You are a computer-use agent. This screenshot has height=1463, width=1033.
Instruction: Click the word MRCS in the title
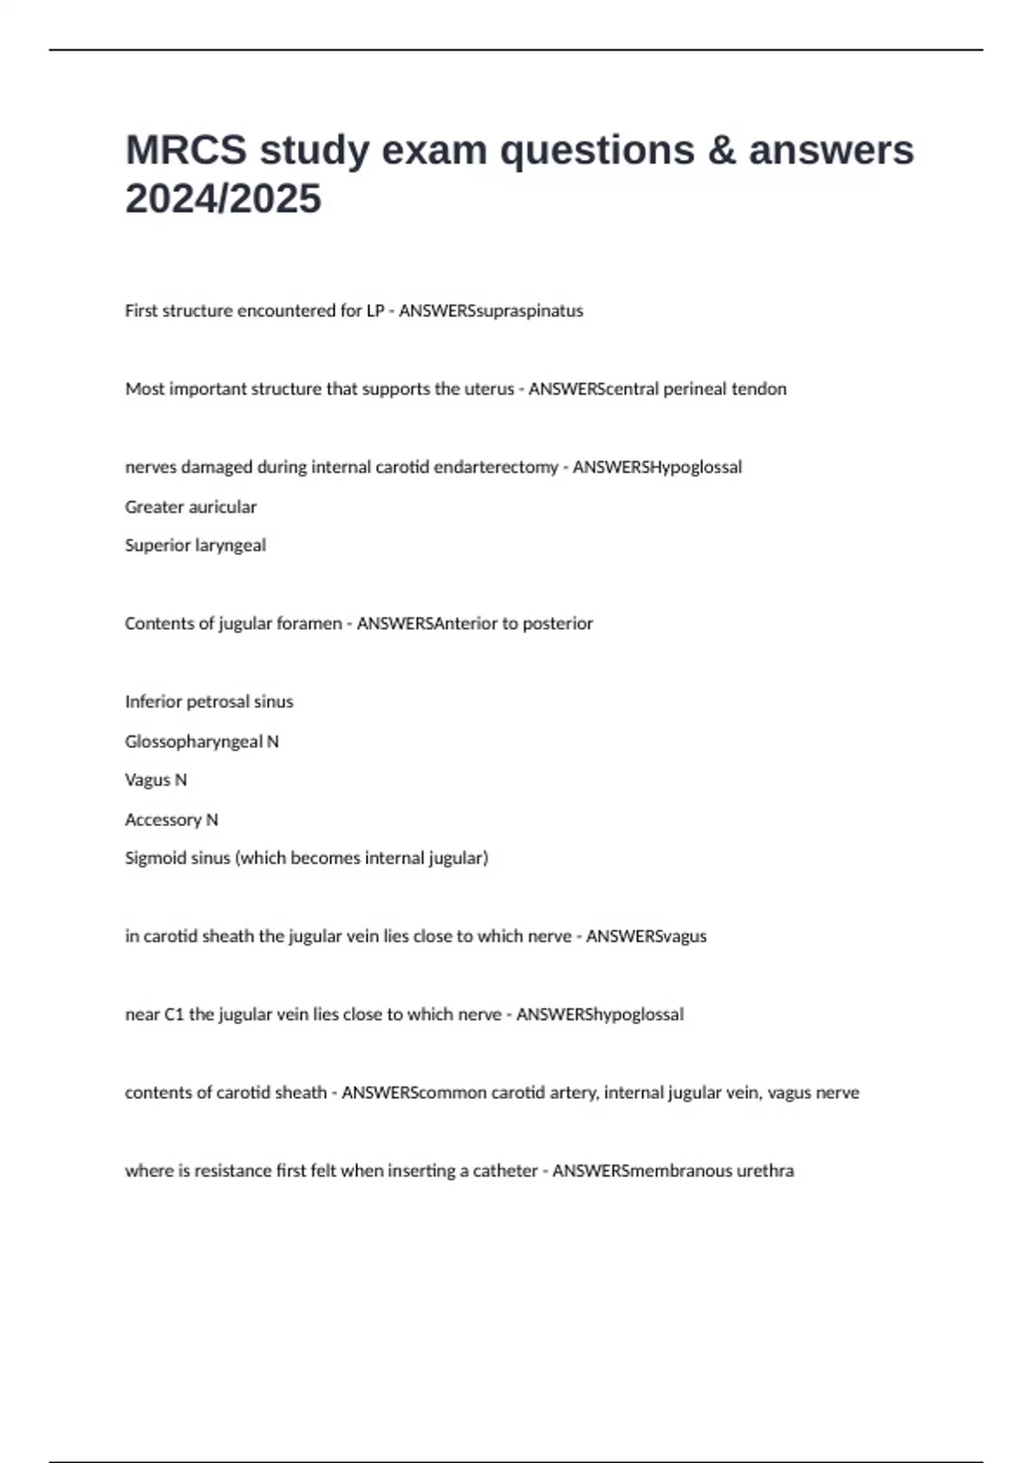185,151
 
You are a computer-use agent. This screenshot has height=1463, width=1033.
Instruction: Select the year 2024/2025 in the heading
223,200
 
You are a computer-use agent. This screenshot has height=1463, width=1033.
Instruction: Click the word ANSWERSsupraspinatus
491,311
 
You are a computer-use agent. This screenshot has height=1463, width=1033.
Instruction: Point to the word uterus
487,389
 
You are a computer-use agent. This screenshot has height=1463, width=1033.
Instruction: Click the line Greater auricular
190,507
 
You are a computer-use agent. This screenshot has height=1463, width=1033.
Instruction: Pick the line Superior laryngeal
195,546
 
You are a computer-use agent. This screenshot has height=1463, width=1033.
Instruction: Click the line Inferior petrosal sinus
209,702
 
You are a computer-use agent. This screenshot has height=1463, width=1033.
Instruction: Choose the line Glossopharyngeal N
201,742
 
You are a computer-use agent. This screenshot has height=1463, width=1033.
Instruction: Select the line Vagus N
156,781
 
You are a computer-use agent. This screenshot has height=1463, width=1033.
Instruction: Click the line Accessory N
171,820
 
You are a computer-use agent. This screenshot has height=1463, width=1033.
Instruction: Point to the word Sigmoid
151,859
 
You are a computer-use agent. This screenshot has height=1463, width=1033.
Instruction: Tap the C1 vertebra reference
174,1015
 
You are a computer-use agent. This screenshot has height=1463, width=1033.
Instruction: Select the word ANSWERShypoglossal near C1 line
599,1015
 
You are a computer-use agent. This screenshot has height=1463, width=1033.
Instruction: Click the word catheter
505,1171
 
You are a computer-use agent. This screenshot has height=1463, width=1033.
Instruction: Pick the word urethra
764,1171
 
